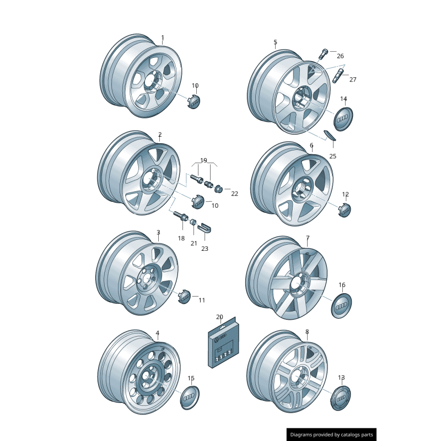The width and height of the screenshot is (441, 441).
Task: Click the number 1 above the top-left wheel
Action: coord(163,38)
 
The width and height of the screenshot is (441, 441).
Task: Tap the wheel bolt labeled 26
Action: coord(323,53)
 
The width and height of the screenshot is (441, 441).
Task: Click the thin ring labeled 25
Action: coord(329,135)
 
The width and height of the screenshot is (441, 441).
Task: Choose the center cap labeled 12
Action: coord(345,209)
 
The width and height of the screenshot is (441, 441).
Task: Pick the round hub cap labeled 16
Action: coord(342,305)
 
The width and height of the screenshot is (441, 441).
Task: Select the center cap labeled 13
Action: coord(341,397)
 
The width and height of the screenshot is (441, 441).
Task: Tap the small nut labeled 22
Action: coord(218,189)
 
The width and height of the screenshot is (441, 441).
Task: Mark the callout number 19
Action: coord(203,160)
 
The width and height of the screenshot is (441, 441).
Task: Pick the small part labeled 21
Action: coord(193,223)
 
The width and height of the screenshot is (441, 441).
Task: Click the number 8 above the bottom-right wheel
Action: coord(307,332)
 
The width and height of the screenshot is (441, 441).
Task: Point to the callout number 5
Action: coord(275,42)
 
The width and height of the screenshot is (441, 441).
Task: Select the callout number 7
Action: coord(308,238)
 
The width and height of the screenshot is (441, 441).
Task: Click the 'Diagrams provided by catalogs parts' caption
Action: coord(331,435)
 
